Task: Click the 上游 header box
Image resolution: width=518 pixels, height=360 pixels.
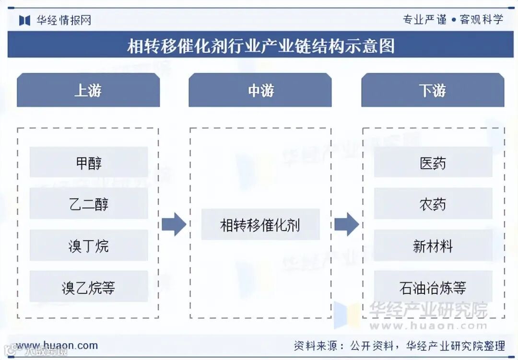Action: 88,90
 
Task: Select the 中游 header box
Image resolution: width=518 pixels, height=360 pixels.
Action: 260,90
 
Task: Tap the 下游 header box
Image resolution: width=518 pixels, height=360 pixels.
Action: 433,90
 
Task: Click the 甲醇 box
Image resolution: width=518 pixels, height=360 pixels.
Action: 89,163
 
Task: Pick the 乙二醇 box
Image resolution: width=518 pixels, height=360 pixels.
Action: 89,204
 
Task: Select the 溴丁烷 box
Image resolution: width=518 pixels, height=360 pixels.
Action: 89,245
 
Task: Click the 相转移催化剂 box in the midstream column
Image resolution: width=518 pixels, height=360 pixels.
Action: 260,224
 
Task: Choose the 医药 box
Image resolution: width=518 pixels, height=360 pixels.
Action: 433,163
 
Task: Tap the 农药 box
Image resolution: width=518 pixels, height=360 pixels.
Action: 433,204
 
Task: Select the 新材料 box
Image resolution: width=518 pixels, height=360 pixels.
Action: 433,245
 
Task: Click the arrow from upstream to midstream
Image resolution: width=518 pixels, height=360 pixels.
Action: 174,224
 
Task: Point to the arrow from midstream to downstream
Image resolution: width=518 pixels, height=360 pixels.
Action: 346,224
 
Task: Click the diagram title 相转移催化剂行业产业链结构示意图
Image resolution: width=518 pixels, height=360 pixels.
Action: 260,46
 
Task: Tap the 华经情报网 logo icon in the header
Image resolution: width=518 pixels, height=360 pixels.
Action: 24,20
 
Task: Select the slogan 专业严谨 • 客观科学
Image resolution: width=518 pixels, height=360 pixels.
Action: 453,19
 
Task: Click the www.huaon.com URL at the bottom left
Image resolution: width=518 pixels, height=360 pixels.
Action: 57,345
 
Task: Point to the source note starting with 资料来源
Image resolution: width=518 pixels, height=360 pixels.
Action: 399,345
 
